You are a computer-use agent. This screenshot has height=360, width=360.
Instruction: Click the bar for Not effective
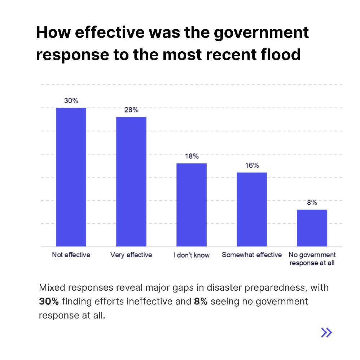(71, 177)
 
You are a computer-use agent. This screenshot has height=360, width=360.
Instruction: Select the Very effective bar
(131, 181)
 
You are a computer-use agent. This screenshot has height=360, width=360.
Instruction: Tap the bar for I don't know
(191, 205)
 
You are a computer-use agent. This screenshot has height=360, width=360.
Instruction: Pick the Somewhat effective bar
(251, 209)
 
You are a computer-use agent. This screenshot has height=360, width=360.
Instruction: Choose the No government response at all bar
(312, 228)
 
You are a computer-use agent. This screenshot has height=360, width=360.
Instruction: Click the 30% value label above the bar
(71, 101)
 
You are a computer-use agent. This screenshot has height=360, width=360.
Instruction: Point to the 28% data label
(131, 110)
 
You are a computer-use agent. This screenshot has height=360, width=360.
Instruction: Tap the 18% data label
(192, 156)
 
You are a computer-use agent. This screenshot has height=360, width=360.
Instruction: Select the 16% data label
(252, 166)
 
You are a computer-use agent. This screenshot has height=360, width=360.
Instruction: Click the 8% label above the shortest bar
(312, 203)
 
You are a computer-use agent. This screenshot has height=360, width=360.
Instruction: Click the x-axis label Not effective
(71, 255)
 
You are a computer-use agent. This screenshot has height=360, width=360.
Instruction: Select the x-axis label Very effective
(131, 255)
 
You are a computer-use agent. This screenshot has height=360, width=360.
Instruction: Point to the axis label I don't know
(191, 255)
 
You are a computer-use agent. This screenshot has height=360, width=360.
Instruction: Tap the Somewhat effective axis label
(251, 255)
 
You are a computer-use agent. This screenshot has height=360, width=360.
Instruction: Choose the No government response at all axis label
(312, 259)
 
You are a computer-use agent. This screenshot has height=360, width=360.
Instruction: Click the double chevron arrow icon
(326, 332)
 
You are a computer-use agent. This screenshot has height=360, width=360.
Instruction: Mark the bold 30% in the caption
(47, 302)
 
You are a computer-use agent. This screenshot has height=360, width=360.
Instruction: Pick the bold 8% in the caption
(201, 302)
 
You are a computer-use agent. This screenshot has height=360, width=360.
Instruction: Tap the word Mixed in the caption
(51, 288)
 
